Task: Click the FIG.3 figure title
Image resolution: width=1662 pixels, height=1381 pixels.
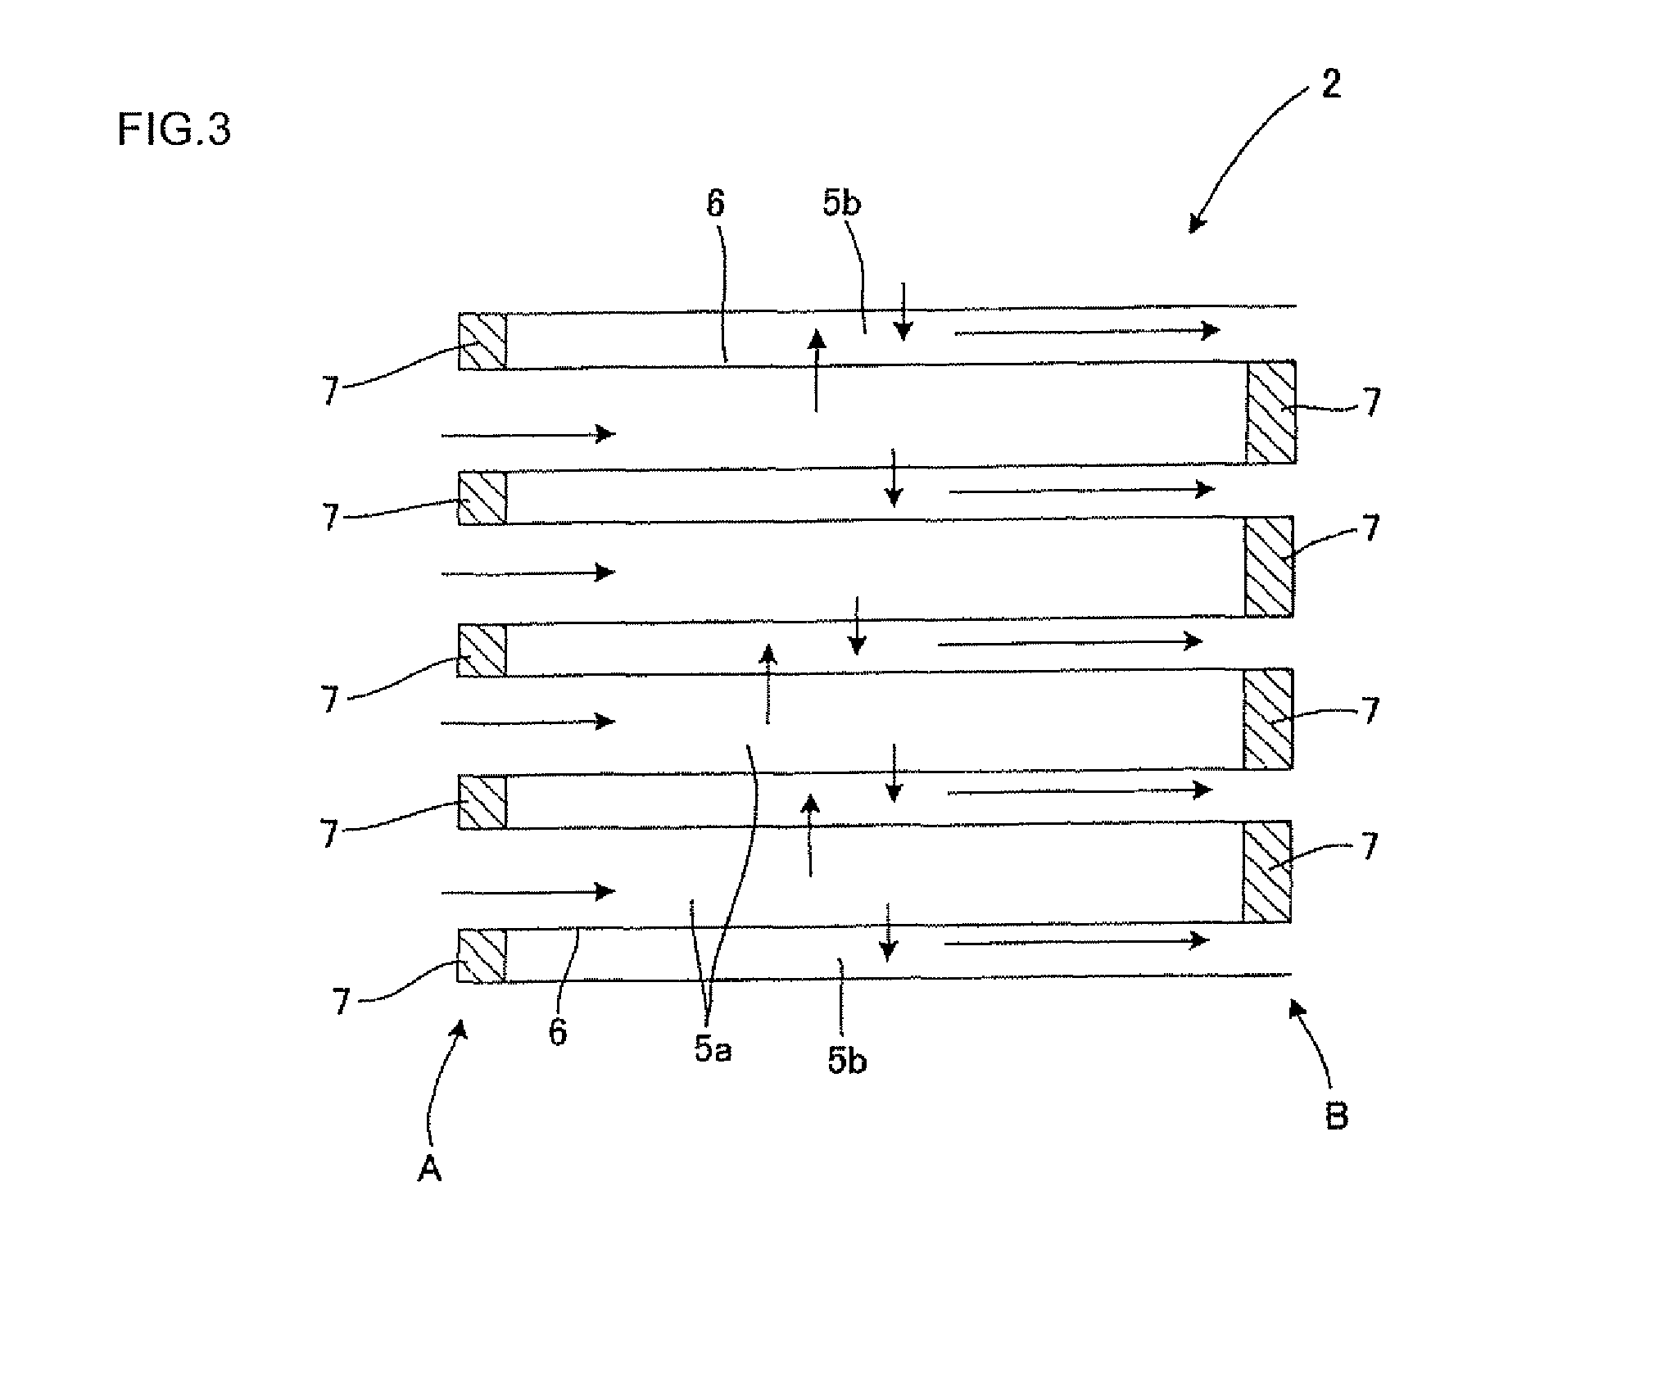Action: click(174, 130)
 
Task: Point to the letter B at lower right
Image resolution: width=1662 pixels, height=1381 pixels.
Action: click(1336, 1116)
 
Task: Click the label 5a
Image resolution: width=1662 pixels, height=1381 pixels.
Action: click(713, 1050)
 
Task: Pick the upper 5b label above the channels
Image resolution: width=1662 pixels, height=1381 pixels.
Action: click(842, 203)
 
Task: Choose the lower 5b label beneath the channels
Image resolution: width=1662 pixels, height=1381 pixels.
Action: click(847, 1060)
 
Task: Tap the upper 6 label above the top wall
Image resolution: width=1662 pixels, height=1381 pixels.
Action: click(715, 204)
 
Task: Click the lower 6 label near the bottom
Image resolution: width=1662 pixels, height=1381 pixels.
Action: click(557, 1032)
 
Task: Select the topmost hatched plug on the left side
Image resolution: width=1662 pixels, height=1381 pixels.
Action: click(482, 341)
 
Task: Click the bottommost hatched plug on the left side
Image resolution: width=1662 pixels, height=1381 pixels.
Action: click(482, 955)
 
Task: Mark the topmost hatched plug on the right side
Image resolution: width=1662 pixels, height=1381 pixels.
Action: click(1270, 412)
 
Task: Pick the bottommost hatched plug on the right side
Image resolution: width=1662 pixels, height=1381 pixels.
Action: click(1267, 872)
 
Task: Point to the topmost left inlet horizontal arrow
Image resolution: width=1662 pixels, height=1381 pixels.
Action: click(528, 433)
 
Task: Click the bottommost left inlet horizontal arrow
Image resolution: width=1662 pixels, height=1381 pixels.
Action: click(528, 891)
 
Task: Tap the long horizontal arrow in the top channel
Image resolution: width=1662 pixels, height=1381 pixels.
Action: click(1087, 331)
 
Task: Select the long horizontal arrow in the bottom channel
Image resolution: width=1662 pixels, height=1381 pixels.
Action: click(1076, 941)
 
